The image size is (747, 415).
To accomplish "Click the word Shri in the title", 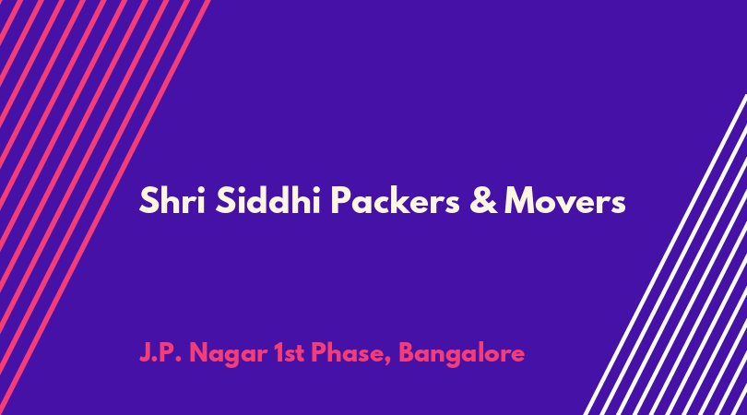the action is pos(172,200).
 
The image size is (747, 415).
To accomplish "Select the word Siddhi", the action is pos(267,199).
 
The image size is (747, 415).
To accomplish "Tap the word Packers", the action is pos(396,199).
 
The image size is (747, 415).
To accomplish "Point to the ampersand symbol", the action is pos(483,200).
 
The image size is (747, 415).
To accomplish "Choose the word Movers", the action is pos(565,200).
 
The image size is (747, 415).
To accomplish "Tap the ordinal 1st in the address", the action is pos(290,353).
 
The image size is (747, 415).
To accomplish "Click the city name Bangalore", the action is pos(462,354).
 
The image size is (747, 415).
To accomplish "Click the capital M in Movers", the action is pos(521,200).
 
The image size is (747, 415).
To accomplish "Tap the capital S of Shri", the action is pos(148,200).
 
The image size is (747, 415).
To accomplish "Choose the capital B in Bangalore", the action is pos(407,353).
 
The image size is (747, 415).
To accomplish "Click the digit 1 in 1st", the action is pos(279,353).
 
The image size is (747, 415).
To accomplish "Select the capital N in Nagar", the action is pos(198,353).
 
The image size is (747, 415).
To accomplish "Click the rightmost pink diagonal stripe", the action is pos(105,207).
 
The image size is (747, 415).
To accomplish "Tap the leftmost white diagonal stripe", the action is pos(665,255).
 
